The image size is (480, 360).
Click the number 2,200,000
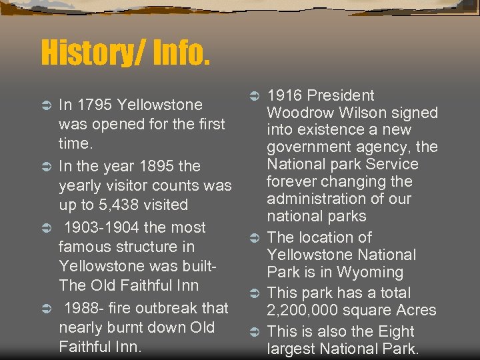(309, 310)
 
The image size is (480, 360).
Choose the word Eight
(394, 331)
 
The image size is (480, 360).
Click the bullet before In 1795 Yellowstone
(46, 105)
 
